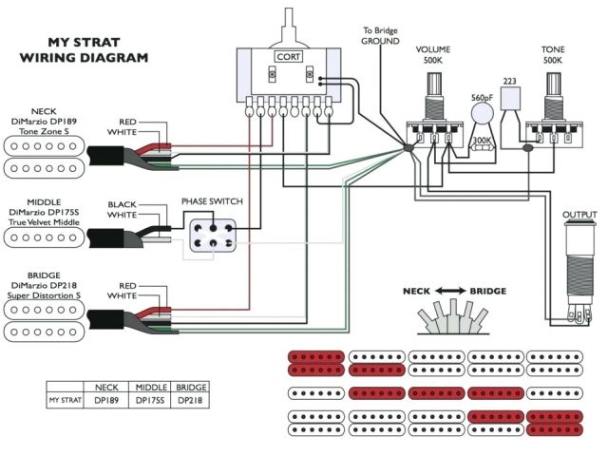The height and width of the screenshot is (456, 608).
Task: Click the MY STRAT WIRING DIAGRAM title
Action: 84,50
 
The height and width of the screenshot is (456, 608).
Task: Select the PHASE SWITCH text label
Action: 211,202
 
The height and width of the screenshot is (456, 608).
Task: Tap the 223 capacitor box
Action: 510,94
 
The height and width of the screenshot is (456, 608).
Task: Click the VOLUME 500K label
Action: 432,55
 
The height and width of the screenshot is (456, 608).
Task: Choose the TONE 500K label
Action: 553,55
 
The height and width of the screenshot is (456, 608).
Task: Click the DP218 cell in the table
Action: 191,401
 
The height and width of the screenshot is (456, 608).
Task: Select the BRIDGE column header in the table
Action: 191,388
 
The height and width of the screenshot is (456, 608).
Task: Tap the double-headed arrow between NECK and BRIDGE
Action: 453,291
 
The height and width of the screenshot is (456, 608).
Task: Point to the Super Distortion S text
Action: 44,295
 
